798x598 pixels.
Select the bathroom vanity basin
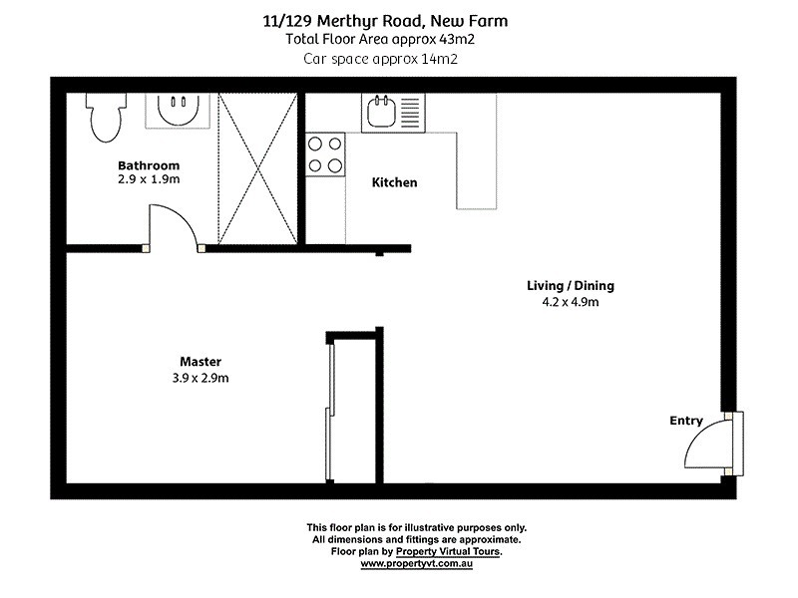click(x=181, y=110)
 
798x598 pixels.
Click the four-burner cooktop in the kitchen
click(x=325, y=154)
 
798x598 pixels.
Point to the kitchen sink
click(x=382, y=112)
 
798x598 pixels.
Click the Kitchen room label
click(x=394, y=182)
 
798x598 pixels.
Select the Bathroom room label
click(x=149, y=165)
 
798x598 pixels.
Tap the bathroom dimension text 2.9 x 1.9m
click(x=149, y=179)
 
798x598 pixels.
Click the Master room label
click(x=200, y=361)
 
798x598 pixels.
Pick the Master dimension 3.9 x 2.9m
click(x=200, y=378)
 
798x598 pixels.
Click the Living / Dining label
click(x=571, y=286)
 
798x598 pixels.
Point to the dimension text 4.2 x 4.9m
click(x=571, y=303)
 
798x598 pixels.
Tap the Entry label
click(x=686, y=422)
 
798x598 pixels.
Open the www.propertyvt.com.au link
click(x=416, y=564)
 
